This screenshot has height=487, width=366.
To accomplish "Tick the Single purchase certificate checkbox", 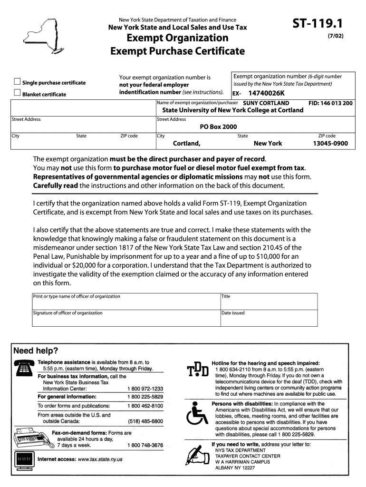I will tap(18, 81).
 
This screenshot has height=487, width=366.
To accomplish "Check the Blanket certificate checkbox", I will tap(18, 93).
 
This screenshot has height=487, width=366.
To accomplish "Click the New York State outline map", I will tap(48, 35).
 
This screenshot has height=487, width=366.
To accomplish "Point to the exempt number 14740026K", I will tap(266, 93).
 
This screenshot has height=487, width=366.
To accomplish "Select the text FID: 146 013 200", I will tap(330, 103).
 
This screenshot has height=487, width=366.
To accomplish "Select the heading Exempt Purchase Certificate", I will tap(177, 51).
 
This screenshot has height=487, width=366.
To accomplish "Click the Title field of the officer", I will tap(269, 301).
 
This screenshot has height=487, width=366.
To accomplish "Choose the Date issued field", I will tap(269, 318).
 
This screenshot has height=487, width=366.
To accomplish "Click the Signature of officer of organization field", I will tap(125, 318).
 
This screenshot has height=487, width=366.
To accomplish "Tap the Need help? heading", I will tap(36, 351).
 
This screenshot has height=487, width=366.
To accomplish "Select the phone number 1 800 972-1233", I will tap(145, 389).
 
